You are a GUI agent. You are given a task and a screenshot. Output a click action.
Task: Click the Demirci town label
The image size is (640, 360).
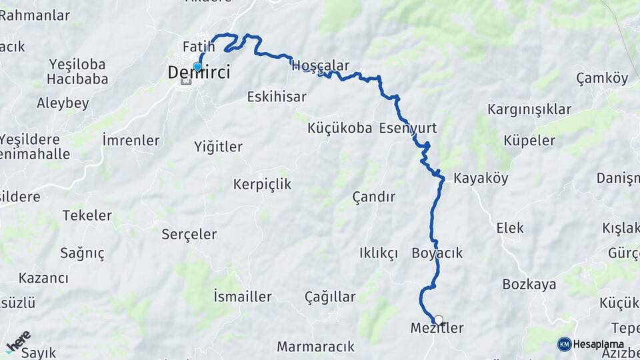[199, 73]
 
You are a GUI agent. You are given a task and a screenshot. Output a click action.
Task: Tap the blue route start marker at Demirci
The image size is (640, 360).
[197, 67]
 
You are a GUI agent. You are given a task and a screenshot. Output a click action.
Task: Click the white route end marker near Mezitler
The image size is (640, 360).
[439, 320]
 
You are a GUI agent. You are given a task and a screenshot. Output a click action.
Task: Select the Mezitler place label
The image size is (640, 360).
[437, 328]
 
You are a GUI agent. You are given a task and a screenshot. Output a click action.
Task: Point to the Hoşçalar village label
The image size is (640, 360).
[321, 65]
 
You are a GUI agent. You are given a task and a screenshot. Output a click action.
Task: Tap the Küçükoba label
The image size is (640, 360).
[340, 128]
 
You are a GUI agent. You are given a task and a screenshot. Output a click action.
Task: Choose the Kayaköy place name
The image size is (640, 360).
[481, 178]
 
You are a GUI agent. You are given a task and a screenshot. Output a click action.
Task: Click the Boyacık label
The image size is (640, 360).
[437, 253]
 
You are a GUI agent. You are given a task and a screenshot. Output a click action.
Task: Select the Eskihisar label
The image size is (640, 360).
[277, 97]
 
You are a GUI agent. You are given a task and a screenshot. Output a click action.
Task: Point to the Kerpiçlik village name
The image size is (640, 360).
[262, 184]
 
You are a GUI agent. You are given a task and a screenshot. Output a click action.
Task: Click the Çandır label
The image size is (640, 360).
[373, 197]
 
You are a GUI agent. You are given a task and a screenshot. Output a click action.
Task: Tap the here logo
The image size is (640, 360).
[18, 341]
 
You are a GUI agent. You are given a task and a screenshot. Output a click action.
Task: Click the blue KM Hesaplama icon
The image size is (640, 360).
[564, 344]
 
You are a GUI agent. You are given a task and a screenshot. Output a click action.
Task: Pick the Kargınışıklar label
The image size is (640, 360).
[529, 109]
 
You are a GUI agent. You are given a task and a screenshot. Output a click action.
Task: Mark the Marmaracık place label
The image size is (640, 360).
[315, 347]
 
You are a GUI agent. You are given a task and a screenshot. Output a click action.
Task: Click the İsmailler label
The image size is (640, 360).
[242, 297]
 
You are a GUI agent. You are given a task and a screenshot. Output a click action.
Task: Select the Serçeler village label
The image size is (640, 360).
[189, 234]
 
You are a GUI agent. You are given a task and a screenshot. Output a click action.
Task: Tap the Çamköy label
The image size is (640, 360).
[602, 79]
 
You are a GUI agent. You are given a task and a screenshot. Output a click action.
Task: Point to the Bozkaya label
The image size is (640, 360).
[529, 285]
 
